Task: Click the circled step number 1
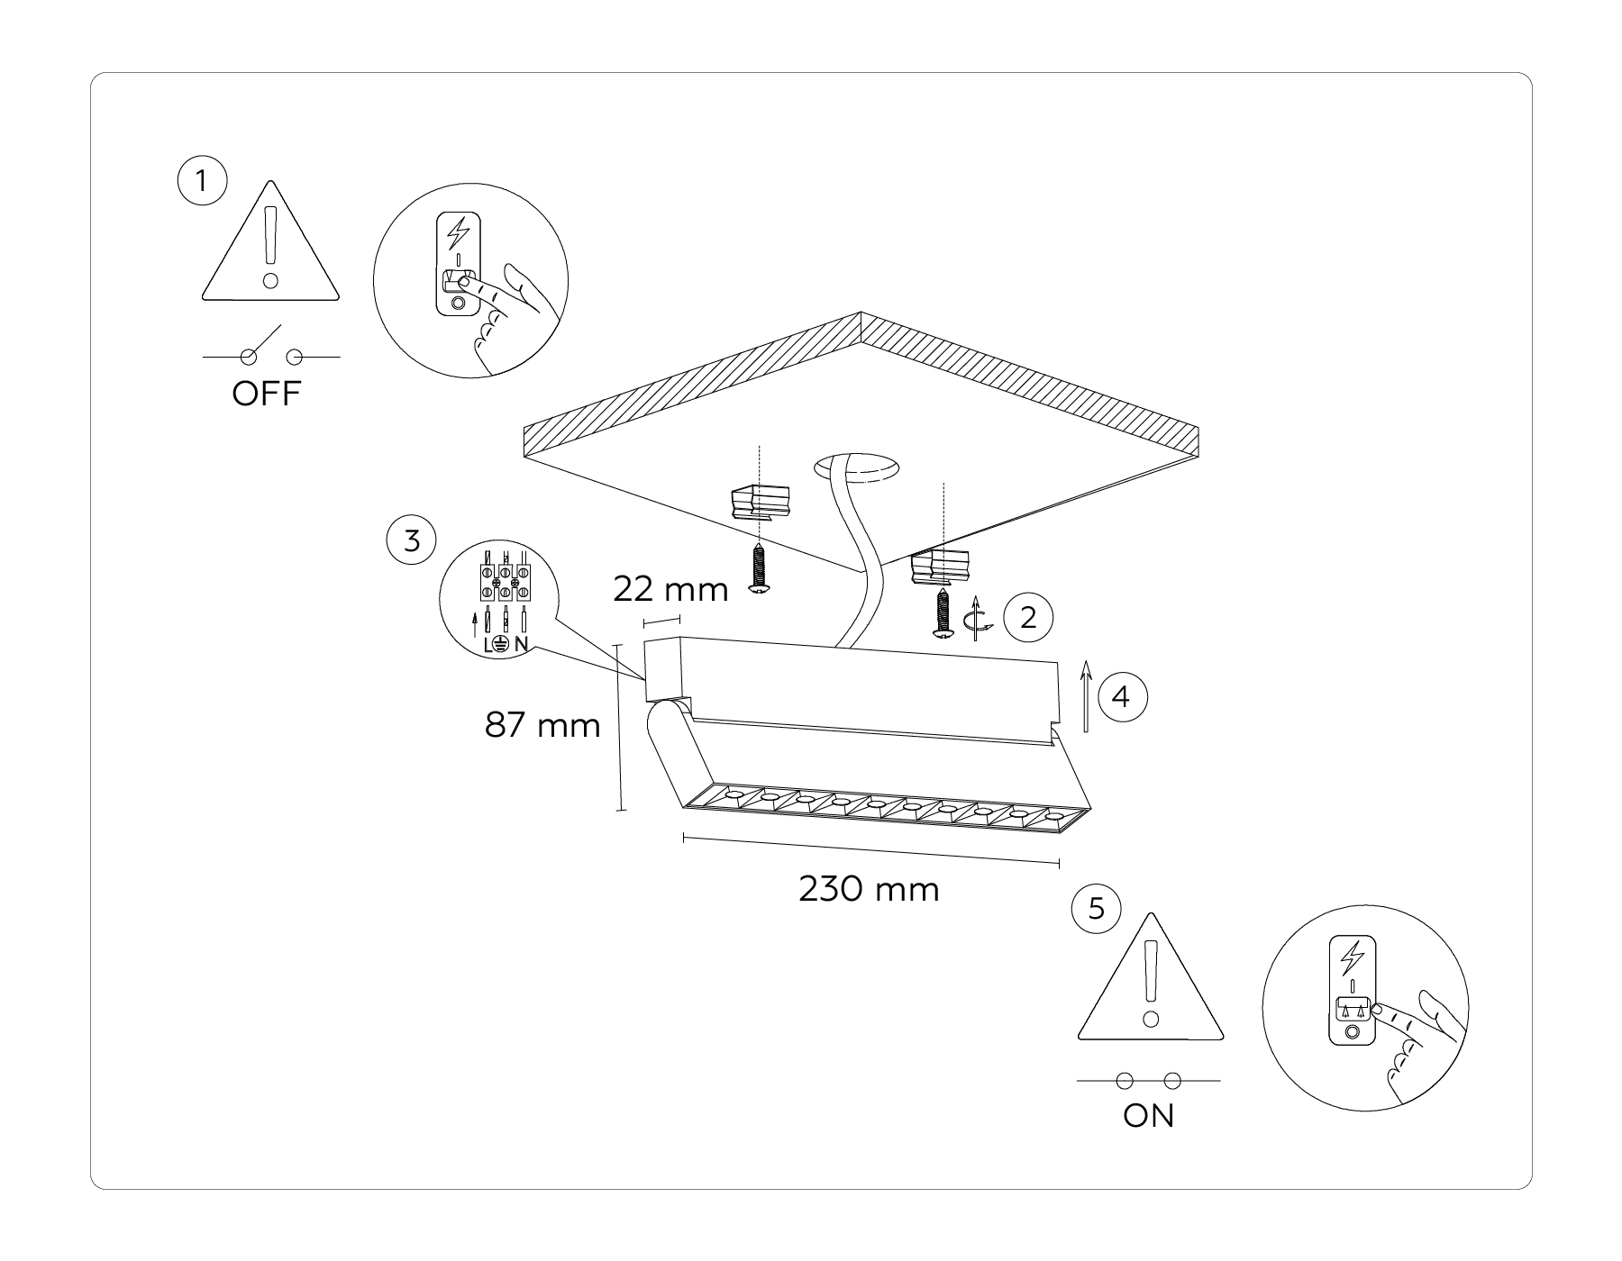click(202, 181)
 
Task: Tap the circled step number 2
click(1028, 617)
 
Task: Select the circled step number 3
click(411, 540)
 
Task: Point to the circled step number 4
click(1122, 696)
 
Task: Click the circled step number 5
click(1096, 908)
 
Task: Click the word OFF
click(266, 395)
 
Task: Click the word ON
click(1148, 1116)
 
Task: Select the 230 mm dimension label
click(869, 890)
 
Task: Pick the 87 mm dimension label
click(542, 725)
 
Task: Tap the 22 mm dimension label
click(670, 590)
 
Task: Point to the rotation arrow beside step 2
click(977, 621)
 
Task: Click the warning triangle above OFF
click(270, 248)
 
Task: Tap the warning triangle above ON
click(1151, 984)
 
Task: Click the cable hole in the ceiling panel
click(856, 467)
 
